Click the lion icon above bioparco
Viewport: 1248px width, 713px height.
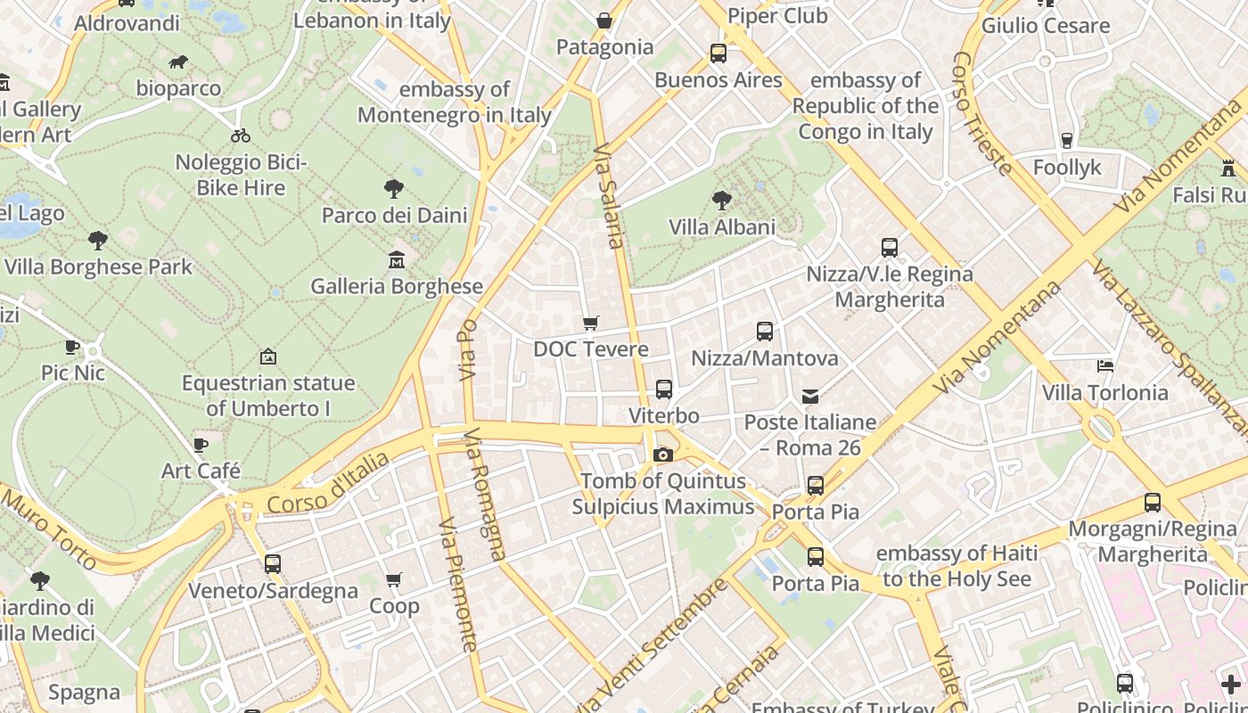[178, 62]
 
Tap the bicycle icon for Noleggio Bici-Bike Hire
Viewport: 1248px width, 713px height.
[241, 136]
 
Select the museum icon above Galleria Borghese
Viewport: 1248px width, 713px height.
[397, 260]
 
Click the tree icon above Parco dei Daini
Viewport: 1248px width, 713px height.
[394, 189]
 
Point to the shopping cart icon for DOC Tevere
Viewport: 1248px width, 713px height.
[590, 323]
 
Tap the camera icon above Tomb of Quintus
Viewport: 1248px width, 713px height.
[662, 455]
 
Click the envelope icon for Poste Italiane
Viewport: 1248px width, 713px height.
[810, 396]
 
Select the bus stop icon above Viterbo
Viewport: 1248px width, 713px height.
[664, 389]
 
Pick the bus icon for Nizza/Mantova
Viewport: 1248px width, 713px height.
[765, 332]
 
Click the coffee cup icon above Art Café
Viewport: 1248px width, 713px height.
[201, 445]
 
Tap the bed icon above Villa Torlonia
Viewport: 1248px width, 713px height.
[1105, 366]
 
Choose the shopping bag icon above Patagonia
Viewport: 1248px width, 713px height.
[604, 20]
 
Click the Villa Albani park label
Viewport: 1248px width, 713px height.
[722, 227]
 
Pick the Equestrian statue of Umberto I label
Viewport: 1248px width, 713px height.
[268, 396]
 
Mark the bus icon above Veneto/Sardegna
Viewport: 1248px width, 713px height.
[273, 564]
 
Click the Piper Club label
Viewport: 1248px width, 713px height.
[777, 16]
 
